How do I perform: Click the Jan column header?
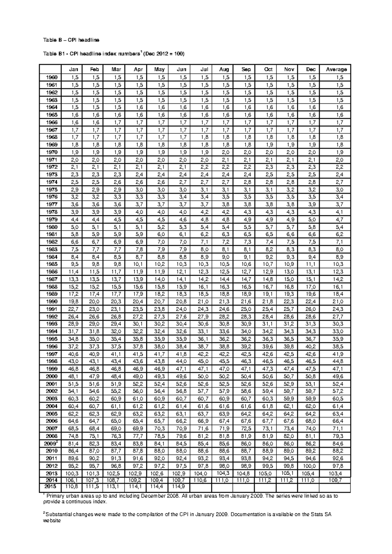click(x=73, y=69)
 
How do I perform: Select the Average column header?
click(x=336, y=69)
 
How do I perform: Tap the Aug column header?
click(x=224, y=69)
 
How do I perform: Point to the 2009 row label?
click(x=51, y=443)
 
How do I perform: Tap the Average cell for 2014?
click(x=336, y=480)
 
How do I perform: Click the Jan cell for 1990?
click(x=73, y=301)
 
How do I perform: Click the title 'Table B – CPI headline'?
click(x=71, y=40)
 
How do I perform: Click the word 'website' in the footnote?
click(x=52, y=521)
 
